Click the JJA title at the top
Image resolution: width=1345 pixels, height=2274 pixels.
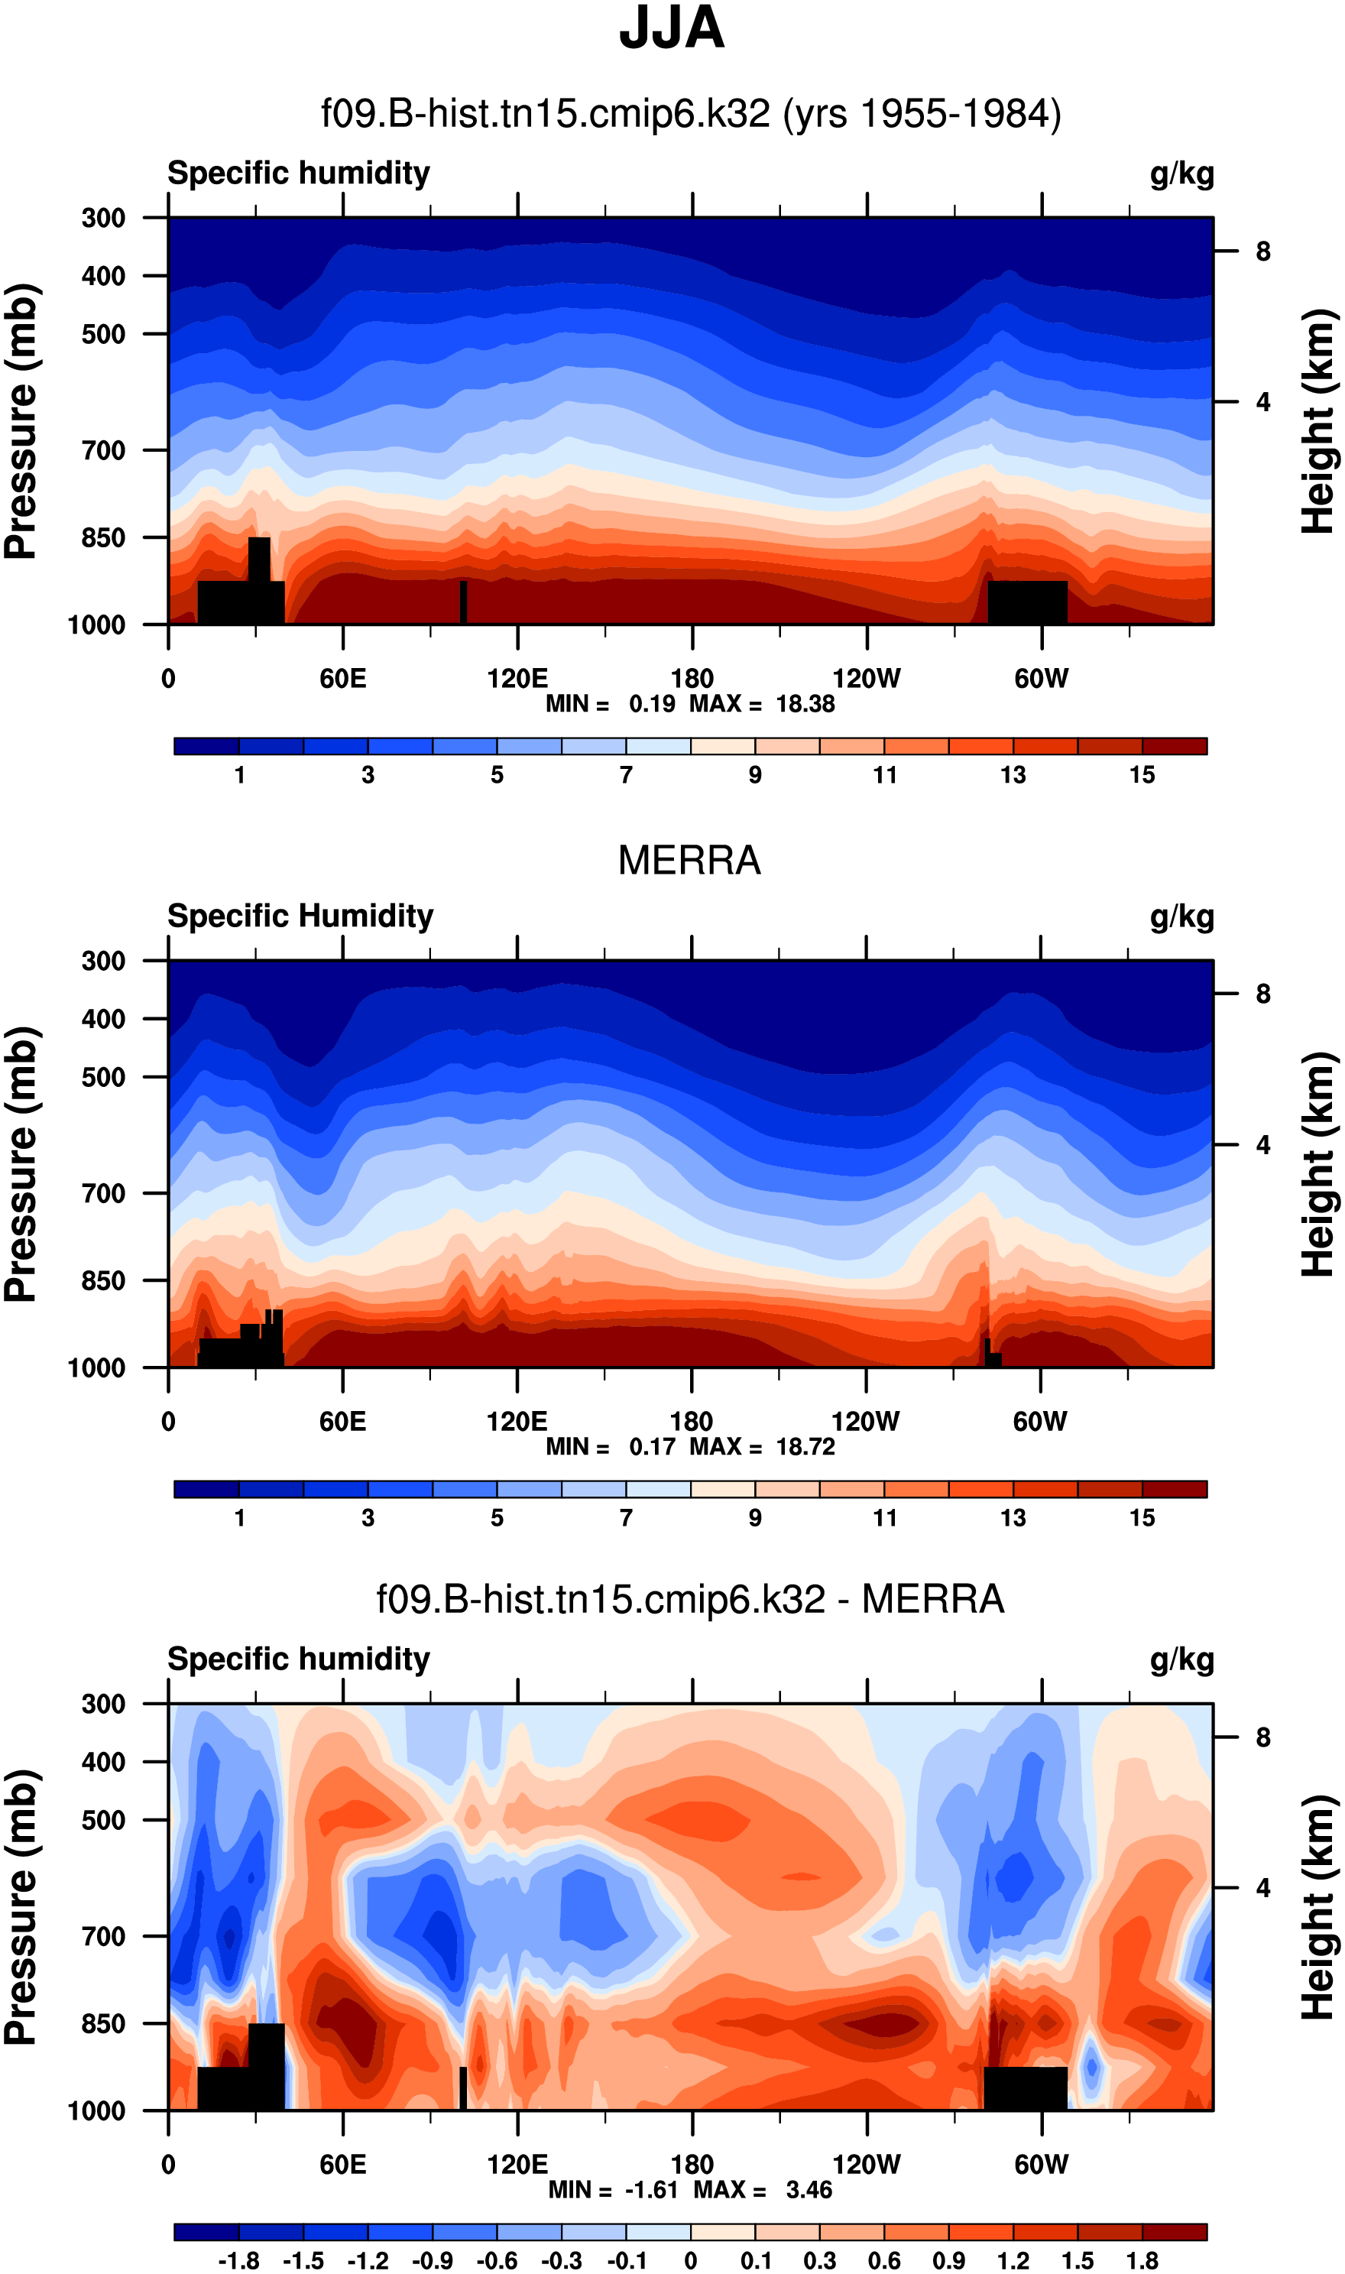(672, 29)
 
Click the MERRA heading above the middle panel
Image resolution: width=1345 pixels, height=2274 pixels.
(689, 860)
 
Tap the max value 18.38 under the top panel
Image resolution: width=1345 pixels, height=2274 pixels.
(805, 704)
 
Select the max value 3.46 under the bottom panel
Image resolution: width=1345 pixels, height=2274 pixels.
(809, 2190)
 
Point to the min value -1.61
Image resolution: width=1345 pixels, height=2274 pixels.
(652, 2190)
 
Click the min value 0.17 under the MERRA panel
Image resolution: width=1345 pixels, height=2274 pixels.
(653, 1446)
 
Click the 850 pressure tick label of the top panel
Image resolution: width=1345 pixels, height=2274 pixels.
(103, 537)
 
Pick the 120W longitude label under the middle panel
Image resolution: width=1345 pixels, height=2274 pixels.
(866, 1421)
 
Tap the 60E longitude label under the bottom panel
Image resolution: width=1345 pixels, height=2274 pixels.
(342, 2165)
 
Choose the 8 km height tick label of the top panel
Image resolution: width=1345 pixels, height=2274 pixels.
(1263, 252)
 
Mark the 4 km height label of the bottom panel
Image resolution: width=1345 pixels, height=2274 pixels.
(1263, 1888)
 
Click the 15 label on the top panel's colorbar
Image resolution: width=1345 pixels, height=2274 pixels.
(1142, 775)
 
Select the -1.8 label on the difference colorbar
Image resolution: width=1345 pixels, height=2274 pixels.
(238, 2260)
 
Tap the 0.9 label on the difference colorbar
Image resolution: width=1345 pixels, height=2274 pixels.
(948, 2260)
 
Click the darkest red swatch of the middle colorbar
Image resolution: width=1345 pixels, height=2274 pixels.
(1175, 1489)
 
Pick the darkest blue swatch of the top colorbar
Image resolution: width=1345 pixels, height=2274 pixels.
(206, 746)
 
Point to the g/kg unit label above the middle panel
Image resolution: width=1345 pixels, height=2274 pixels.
(1182, 916)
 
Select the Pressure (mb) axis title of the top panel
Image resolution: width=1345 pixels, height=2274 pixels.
(21, 421)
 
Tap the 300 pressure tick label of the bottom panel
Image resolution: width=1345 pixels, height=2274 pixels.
(103, 1704)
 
